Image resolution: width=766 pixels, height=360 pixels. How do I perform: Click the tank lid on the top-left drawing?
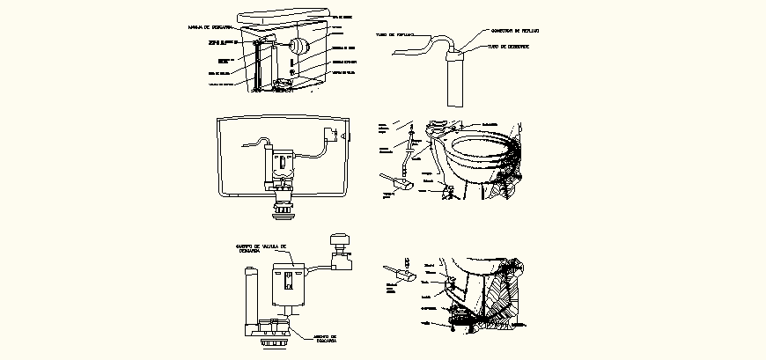[x=284, y=17]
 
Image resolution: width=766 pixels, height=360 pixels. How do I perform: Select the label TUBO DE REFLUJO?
[x=395, y=36]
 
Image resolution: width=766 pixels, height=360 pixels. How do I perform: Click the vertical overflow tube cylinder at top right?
[x=457, y=80]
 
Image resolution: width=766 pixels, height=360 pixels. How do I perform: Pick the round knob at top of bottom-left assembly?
[x=337, y=240]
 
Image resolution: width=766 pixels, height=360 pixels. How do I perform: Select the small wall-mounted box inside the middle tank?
[x=330, y=135]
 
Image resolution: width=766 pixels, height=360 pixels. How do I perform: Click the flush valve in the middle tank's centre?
[x=282, y=167]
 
